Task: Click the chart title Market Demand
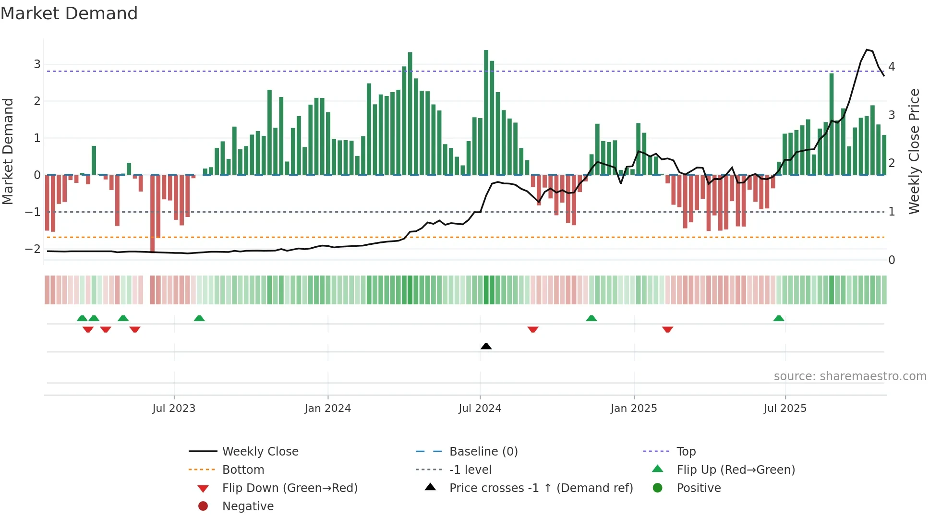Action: (x=69, y=13)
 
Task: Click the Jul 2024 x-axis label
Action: (x=480, y=409)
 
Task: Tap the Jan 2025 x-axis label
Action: (x=633, y=409)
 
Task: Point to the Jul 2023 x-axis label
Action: (x=174, y=409)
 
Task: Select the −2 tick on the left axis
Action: (x=33, y=249)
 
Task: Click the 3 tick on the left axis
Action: (x=37, y=64)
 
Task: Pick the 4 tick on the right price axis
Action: (x=892, y=66)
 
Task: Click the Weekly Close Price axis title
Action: (x=914, y=151)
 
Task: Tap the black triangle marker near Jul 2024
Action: (x=486, y=346)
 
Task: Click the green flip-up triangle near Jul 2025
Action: (x=778, y=318)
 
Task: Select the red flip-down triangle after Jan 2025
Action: (x=667, y=329)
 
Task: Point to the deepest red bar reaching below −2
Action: (x=152, y=214)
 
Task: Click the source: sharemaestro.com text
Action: (x=850, y=376)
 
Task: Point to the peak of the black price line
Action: (x=867, y=49)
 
